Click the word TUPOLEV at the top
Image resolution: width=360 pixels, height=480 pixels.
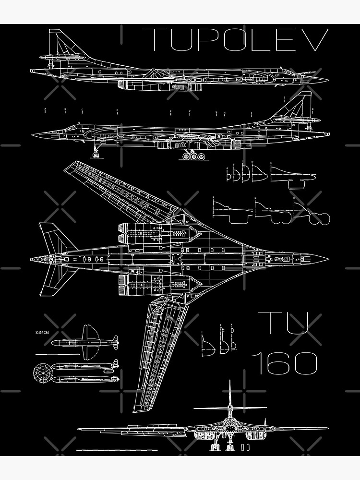click(x=236, y=39)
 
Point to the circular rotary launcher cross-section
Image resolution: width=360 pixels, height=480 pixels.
click(x=42, y=372)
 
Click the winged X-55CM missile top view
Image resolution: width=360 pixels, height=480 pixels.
click(x=84, y=342)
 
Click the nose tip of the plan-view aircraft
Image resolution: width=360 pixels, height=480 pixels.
click(x=327, y=259)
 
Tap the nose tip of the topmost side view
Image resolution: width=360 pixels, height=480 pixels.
click(x=327, y=79)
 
